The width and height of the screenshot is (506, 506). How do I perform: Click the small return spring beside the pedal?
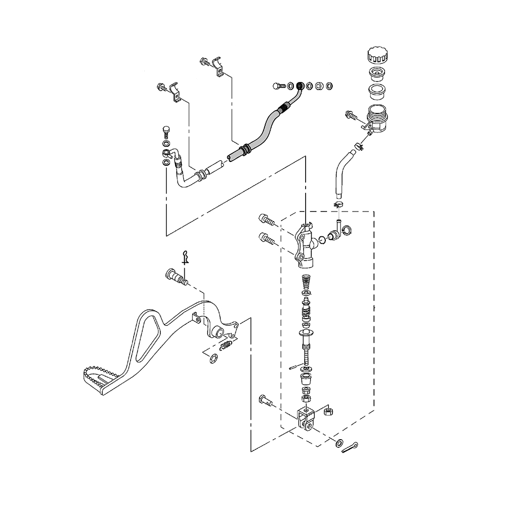[x=227, y=346]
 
